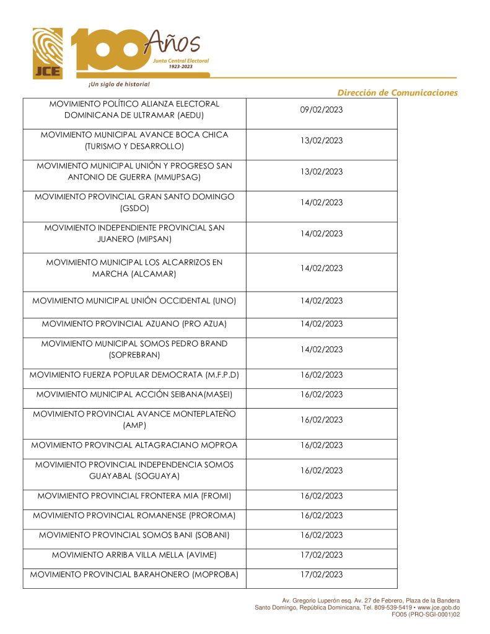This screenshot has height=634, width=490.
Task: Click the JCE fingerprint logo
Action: coord(48,53)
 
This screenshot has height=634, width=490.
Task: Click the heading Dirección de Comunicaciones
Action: coord(397,93)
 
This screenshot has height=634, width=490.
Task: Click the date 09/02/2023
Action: coord(321,110)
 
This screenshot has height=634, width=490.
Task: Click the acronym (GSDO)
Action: coord(135,208)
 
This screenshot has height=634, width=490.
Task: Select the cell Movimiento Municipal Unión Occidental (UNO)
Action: coord(134,301)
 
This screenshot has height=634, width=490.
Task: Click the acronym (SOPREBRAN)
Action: coord(134,355)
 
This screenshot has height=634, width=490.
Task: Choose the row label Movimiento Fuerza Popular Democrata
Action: coord(134,375)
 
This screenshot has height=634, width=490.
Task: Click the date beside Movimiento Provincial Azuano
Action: coord(321,324)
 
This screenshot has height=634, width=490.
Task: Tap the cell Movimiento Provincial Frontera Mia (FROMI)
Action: coord(134,496)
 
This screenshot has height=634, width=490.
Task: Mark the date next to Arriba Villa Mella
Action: coord(321,555)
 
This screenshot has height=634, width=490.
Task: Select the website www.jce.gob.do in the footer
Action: coord(439,607)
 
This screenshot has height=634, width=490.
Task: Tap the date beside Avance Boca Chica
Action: coord(321,141)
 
